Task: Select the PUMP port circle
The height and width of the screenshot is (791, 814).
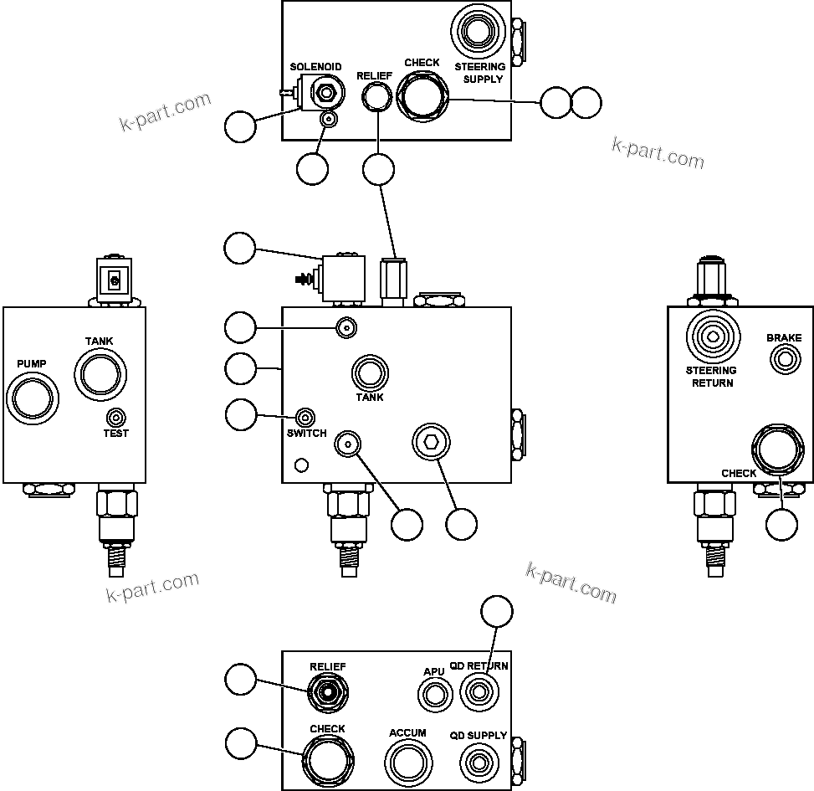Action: [33, 396]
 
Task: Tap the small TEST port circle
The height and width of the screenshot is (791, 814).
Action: [116, 417]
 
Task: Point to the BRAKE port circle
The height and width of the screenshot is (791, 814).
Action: [784, 360]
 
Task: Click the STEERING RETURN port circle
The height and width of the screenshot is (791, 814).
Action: [712, 337]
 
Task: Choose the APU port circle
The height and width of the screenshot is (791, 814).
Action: [433, 695]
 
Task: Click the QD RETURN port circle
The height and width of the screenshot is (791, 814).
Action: [479, 693]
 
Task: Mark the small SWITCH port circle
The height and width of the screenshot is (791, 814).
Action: [306, 418]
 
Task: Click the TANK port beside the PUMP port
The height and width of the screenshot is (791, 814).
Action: [99, 372]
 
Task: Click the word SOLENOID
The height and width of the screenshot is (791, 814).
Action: [315, 67]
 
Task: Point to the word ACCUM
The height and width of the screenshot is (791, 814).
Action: [407, 733]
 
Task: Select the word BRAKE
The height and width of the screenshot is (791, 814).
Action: [784, 338]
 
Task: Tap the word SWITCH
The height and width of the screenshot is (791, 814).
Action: [306, 434]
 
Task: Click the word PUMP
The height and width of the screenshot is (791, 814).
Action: [33, 364]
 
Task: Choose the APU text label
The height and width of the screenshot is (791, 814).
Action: [433, 671]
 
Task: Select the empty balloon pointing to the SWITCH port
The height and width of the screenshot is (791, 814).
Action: [241, 413]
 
